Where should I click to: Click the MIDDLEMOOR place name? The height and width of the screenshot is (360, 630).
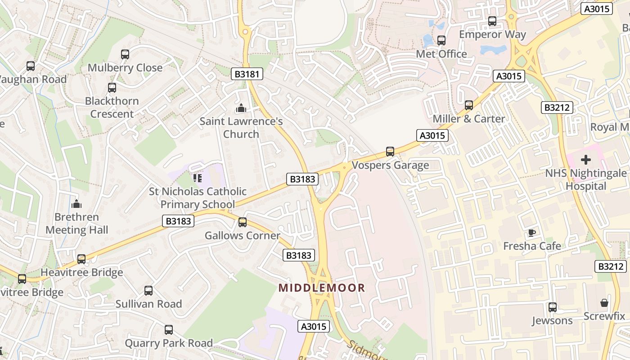pyautogui.click(x=322, y=288)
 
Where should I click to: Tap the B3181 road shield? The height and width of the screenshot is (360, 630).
pyautogui.click(x=247, y=74)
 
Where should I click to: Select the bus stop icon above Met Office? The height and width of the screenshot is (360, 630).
pyautogui.click(x=441, y=40)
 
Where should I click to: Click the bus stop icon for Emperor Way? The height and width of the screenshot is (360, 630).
pyautogui.click(x=492, y=21)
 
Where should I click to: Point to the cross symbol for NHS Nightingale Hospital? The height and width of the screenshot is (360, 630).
pyautogui.click(x=586, y=159)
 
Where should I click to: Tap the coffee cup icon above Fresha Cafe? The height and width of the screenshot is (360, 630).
pyautogui.click(x=532, y=233)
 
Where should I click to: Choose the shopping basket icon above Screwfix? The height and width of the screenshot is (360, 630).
pyautogui.click(x=604, y=303)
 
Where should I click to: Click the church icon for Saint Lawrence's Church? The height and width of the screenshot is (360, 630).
pyautogui.click(x=241, y=108)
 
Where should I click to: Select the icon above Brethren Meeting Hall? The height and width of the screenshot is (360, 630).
pyautogui.click(x=76, y=204)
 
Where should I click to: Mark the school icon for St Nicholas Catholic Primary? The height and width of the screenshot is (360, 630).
pyautogui.click(x=198, y=178)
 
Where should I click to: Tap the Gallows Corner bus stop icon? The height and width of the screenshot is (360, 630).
pyautogui.click(x=243, y=222)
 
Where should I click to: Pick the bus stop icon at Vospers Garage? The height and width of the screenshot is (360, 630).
pyautogui.click(x=390, y=152)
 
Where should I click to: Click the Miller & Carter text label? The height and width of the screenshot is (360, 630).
pyautogui.click(x=468, y=119)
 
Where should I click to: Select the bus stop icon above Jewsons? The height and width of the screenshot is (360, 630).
pyautogui.click(x=552, y=307)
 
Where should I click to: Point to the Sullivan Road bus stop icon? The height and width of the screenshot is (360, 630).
pyautogui.click(x=148, y=291)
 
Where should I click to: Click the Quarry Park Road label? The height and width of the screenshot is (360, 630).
pyautogui.click(x=169, y=343)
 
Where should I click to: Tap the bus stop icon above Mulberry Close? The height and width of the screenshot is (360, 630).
pyautogui.click(x=125, y=54)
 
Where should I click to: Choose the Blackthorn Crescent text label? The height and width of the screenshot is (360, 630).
pyautogui.click(x=112, y=107)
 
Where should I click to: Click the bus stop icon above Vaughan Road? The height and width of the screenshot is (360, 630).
pyautogui.click(x=31, y=66)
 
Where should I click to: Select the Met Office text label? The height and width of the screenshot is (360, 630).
pyautogui.click(x=441, y=54)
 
